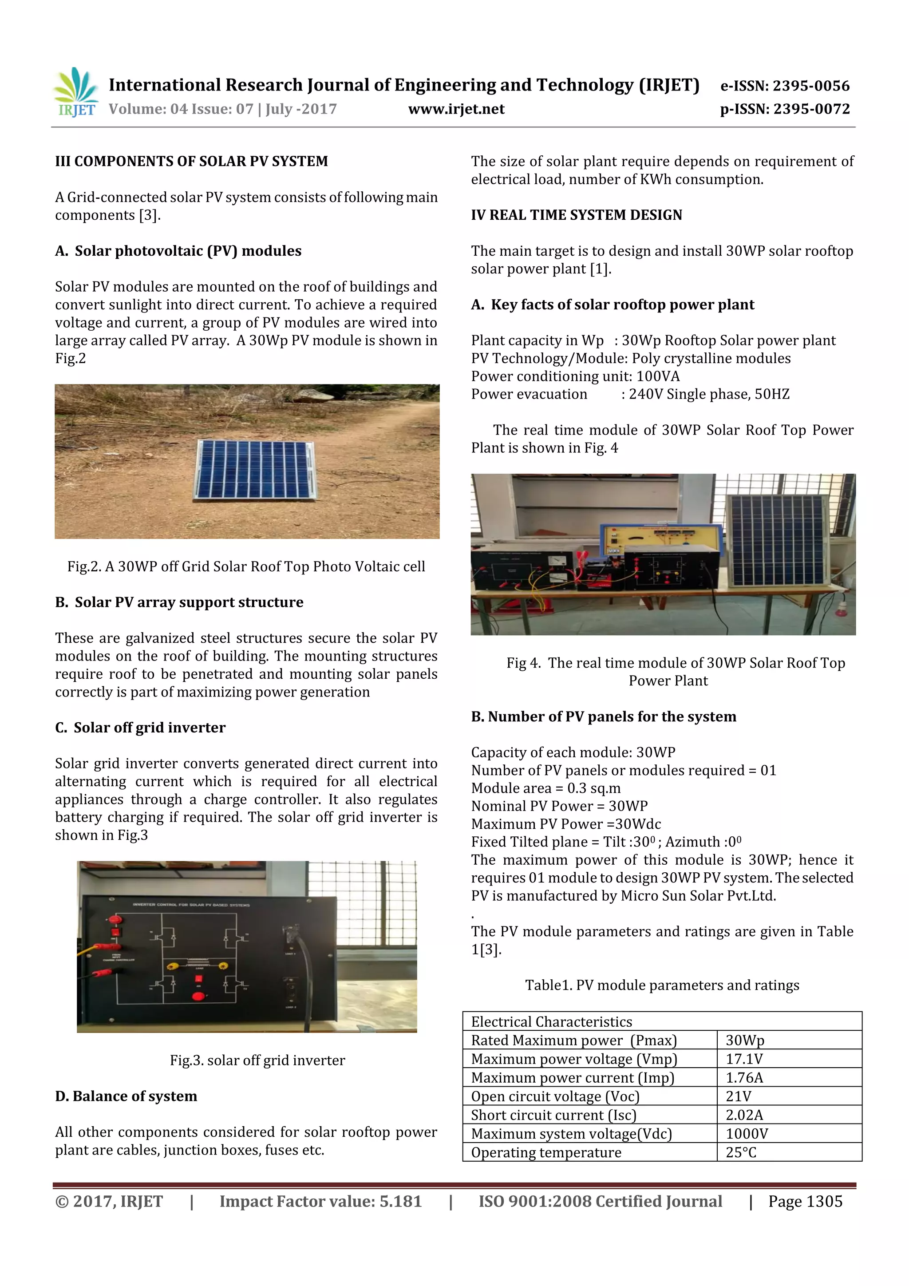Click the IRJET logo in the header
pyautogui.click(x=76, y=92)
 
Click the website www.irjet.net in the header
pyautogui.click(x=456, y=109)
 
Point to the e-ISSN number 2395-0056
pyautogui.click(x=810, y=86)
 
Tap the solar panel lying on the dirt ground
pyautogui.click(x=255, y=469)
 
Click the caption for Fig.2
pyautogui.click(x=246, y=566)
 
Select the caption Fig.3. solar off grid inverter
pyautogui.click(x=257, y=1060)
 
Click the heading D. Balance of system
pyautogui.click(x=126, y=1096)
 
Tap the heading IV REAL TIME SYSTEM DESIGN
pyautogui.click(x=576, y=215)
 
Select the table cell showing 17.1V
pyautogui.click(x=744, y=1059)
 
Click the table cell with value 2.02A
pyautogui.click(x=744, y=1115)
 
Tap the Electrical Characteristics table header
pyautogui.click(x=551, y=1021)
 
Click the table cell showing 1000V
pyautogui.click(x=747, y=1134)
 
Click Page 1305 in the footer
pyautogui.click(x=805, y=1201)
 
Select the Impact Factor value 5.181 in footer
pyautogui.click(x=320, y=1201)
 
